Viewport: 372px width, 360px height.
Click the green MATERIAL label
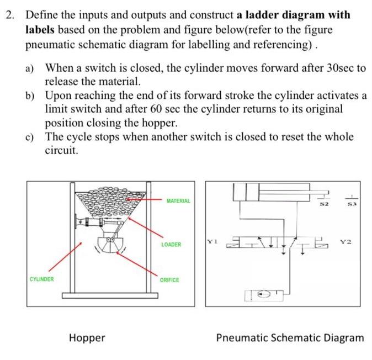178,201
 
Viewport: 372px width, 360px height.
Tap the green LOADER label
171,244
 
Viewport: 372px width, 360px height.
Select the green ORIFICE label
169,280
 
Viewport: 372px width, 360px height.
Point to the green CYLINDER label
42,279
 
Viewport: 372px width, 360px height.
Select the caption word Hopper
87,337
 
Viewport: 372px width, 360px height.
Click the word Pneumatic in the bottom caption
242,337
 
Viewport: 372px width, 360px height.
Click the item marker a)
31,68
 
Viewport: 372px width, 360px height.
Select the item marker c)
31,136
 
